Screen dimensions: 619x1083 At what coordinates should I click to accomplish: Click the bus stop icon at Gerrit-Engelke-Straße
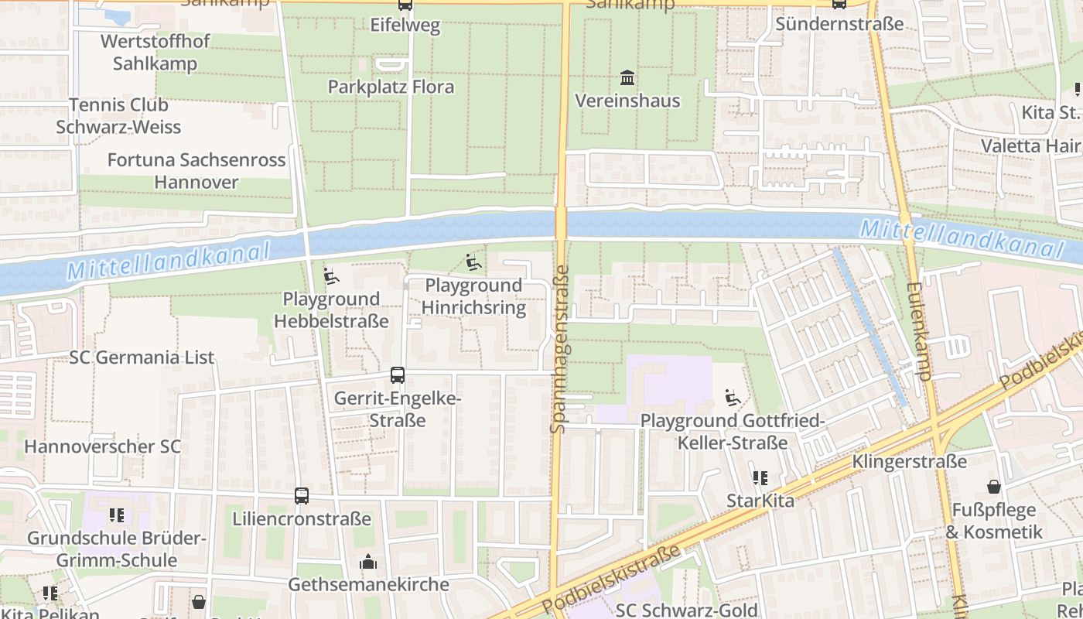pyautogui.click(x=397, y=375)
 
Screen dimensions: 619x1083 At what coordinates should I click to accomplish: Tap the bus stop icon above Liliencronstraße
pyautogui.click(x=302, y=496)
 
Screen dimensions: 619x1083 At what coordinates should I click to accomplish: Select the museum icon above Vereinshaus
pyautogui.click(x=627, y=78)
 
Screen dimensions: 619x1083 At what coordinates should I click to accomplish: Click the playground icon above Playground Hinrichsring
pyautogui.click(x=474, y=263)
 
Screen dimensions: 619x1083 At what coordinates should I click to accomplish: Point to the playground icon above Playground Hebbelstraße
pyautogui.click(x=331, y=276)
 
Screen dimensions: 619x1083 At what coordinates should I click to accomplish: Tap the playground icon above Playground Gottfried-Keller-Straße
pyautogui.click(x=732, y=398)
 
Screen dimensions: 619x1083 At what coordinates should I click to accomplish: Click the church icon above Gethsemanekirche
pyautogui.click(x=368, y=562)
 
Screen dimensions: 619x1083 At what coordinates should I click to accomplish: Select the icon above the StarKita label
pyautogui.click(x=760, y=479)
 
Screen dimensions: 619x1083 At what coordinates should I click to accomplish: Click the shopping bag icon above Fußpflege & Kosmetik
pyautogui.click(x=994, y=487)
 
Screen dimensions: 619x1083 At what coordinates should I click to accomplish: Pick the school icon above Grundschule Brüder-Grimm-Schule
pyautogui.click(x=117, y=515)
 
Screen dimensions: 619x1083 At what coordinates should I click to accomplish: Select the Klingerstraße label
pyautogui.click(x=909, y=462)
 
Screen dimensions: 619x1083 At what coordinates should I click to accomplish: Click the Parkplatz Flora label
pyautogui.click(x=391, y=87)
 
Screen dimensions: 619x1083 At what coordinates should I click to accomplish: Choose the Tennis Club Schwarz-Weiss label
pyautogui.click(x=118, y=116)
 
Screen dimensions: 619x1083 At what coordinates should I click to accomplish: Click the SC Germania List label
pyautogui.click(x=142, y=357)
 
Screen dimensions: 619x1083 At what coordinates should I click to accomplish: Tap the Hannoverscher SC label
pyautogui.click(x=102, y=446)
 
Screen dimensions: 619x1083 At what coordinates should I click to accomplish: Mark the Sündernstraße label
pyautogui.click(x=839, y=24)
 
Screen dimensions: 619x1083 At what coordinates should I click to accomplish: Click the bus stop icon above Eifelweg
pyautogui.click(x=405, y=5)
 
